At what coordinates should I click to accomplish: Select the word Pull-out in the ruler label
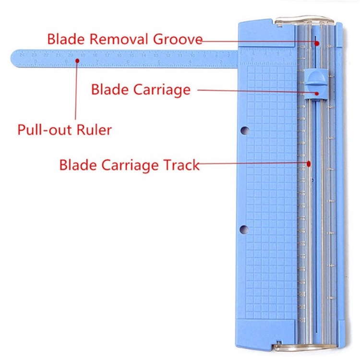45,130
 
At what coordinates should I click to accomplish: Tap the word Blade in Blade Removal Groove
63,39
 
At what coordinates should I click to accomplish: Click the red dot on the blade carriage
317,93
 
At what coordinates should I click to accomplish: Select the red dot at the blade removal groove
317,43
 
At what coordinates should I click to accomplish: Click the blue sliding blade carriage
314,77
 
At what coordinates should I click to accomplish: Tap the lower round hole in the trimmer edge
244,228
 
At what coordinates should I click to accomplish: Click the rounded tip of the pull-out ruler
14,59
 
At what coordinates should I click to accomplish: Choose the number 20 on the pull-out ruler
71,55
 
